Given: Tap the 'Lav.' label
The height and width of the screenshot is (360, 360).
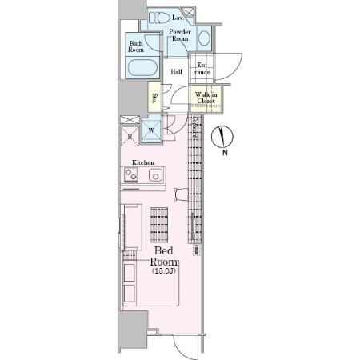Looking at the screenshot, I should (x=178, y=17).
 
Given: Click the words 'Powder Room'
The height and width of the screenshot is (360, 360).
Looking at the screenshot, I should (x=178, y=35).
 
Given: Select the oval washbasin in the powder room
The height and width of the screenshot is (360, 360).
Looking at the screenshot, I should (x=202, y=37).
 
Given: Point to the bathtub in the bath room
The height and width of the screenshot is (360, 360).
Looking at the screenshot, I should (x=143, y=67).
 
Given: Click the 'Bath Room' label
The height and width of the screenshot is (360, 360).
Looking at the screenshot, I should (x=136, y=46).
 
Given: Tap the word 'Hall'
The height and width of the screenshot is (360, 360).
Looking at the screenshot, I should (x=177, y=71).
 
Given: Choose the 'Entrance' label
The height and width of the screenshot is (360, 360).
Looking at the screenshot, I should (x=202, y=68).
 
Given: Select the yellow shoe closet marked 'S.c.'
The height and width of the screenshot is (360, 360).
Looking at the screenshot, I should (x=154, y=99).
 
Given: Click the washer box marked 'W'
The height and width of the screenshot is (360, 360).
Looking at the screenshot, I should (x=151, y=130).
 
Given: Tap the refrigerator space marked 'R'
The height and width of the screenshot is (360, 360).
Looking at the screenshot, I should (x=130, y=135).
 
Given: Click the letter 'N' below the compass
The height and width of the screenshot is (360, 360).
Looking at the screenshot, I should (x=225, y=153).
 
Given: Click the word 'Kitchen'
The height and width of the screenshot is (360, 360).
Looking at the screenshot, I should (x=142, y=162).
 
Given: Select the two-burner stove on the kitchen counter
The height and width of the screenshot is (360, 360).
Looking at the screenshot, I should (x=132, y=175).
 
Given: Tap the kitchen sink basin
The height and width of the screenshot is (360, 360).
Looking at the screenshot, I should (x=154, y=175).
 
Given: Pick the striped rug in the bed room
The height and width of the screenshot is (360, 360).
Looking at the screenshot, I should (x=160, y=225).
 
